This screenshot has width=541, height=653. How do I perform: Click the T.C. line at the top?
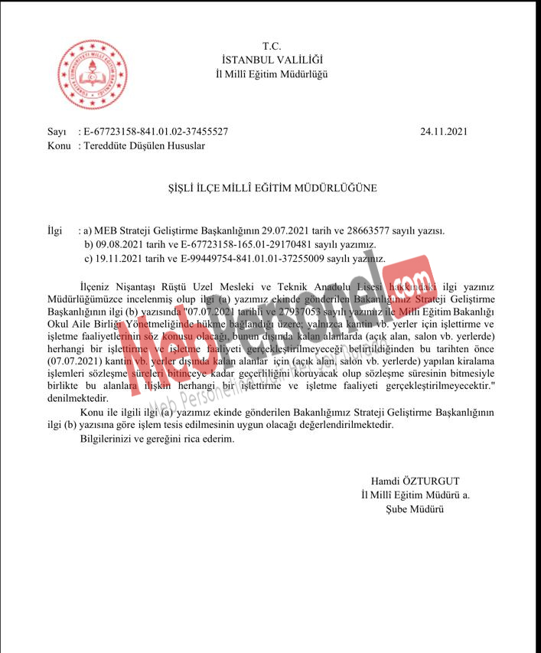tap(272, 47)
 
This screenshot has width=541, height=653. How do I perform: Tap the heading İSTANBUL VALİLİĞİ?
tap(272, 60)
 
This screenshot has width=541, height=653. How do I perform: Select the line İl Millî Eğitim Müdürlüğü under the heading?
tap(272, 73)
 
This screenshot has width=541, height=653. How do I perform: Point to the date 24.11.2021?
tap(444, 132)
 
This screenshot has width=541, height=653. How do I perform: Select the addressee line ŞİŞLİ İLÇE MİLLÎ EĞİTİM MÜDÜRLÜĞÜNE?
tap(272, 187)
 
